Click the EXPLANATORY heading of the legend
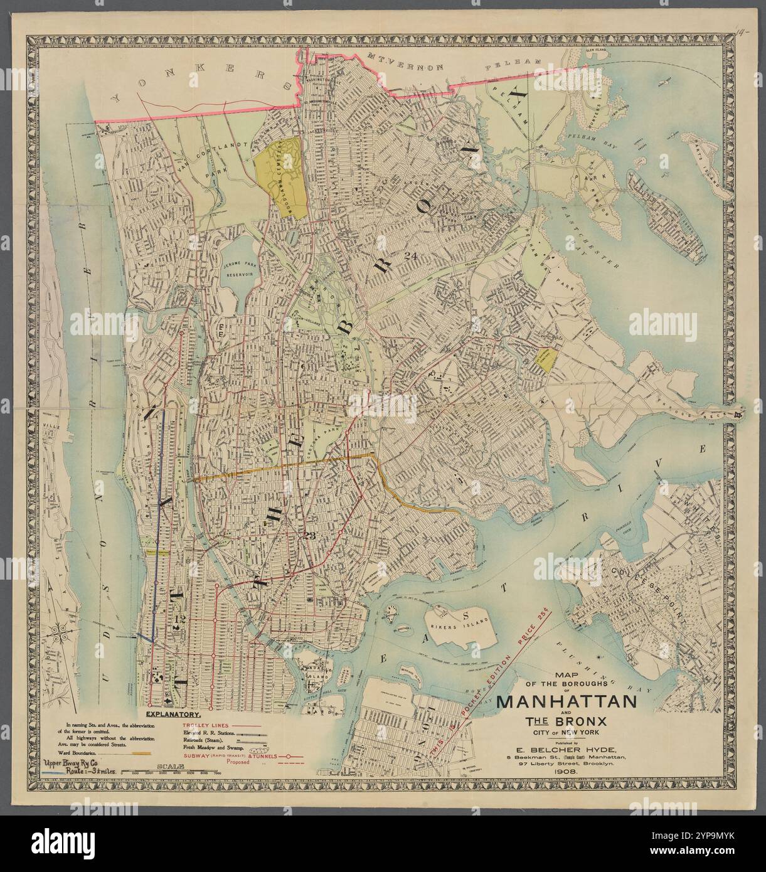point(173,715)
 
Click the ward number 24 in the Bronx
point(411,255)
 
